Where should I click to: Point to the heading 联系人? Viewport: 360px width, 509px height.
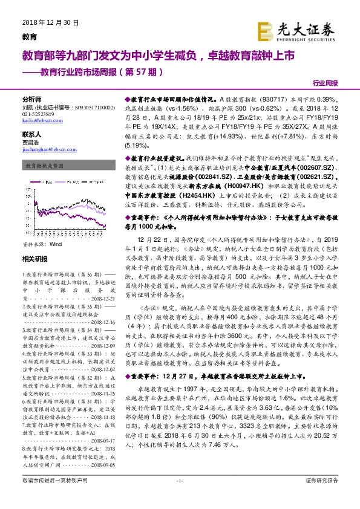[x=31, y=134]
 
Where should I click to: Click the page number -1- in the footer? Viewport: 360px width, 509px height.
[x=180, y=498]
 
